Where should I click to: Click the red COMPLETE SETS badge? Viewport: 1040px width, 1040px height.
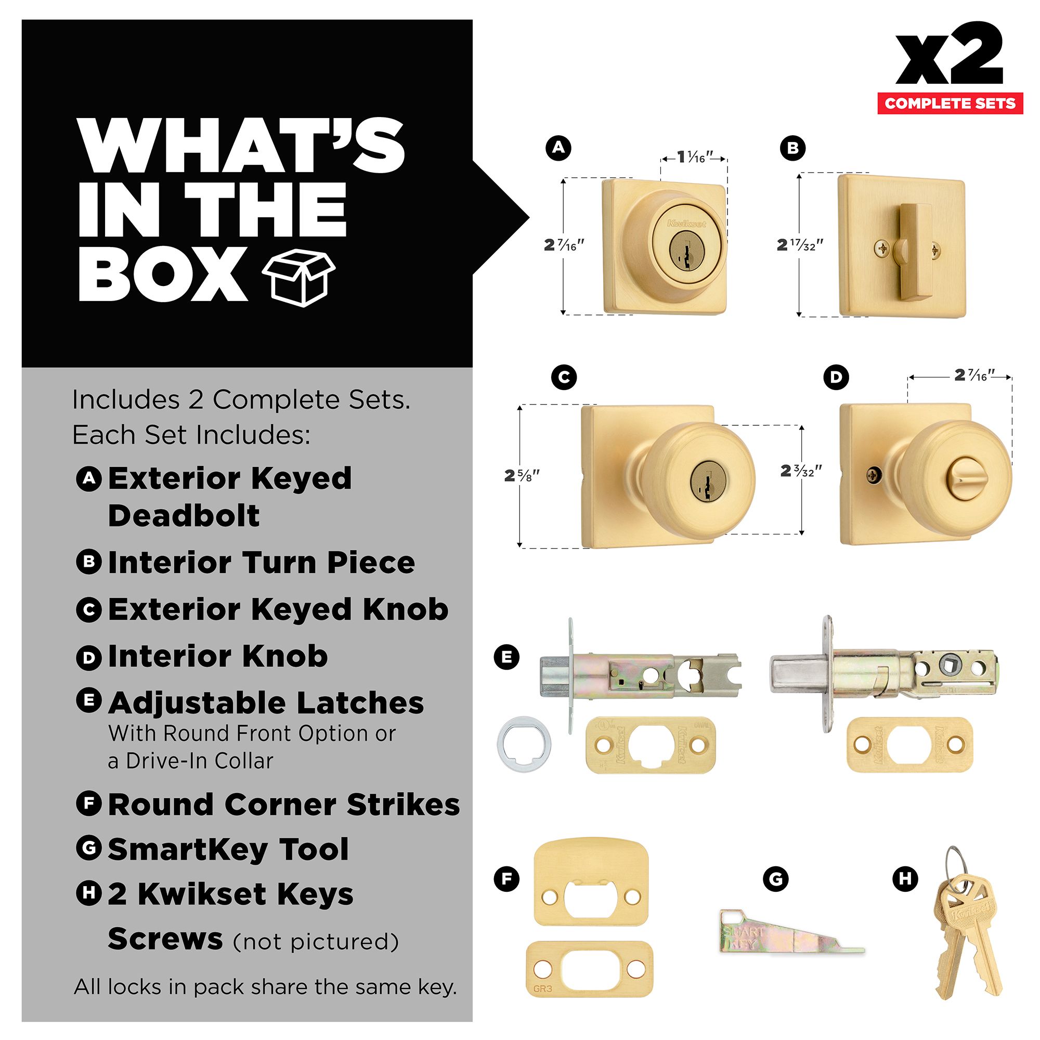(x=950, y=103)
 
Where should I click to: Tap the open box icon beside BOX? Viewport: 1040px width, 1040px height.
(x=299, y=277)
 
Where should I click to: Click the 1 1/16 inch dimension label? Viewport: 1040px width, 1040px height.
(x=695, y=157)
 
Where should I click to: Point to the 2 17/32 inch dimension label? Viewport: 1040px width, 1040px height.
(x=800, y=245)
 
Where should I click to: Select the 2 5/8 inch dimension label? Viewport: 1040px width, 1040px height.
(x=522, y=476)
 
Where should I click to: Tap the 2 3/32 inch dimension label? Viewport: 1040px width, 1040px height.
(x=801, y=471)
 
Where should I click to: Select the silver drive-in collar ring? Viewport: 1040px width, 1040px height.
(x=524, y=745)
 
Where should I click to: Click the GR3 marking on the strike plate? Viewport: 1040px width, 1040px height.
(x=542, y=989)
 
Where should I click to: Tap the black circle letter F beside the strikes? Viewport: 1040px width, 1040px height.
(x=506, y=879)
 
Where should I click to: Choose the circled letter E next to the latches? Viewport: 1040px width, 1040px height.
(x=506, y=657)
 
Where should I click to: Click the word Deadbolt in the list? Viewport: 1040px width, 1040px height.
(x=184, y=515)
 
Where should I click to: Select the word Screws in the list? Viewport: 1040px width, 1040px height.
(x=165, y=939)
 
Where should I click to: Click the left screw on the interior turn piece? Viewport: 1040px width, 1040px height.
(x=882, y=248)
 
